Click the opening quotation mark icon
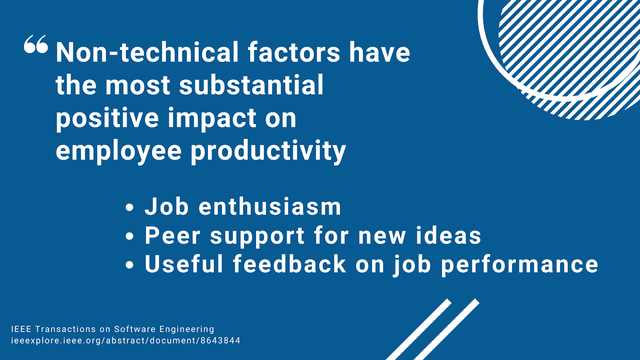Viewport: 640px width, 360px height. click(36, 44)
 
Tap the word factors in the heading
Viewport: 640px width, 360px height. click(294, 52)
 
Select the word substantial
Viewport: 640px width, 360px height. click(251, 85)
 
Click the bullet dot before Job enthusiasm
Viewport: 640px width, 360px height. click(130, 208)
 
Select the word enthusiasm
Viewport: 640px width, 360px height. click(270, 206)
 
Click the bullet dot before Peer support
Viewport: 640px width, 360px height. click(130, 236)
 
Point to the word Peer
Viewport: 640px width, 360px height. click(172, 236)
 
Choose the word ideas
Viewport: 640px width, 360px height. click(448, 236)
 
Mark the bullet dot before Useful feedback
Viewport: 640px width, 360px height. click(130, 265)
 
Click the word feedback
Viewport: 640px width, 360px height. click(290, 264)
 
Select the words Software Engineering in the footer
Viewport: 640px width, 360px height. click(164, 330)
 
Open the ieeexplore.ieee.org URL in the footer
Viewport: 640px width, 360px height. click(126, 341)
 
